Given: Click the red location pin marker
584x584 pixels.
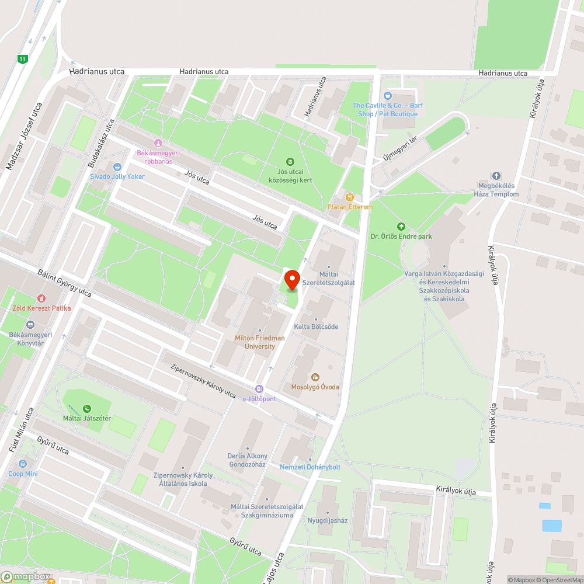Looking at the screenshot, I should click(291, 279).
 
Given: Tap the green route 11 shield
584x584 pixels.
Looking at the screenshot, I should click(22, 59).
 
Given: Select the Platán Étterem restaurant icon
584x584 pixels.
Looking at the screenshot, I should click(350, 197).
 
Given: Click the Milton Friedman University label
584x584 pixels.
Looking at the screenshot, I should click(260, 342).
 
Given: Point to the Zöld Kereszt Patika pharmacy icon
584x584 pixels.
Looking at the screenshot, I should click(41, 298).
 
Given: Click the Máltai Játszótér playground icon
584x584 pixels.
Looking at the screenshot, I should click(86, 409).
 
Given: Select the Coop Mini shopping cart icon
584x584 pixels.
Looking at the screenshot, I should click(23, 464).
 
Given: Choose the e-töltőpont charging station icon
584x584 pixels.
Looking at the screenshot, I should click(259, 390).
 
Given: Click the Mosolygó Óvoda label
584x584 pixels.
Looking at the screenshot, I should click(315, 387).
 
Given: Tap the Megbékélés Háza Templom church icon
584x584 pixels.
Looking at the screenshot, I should click(496, 176).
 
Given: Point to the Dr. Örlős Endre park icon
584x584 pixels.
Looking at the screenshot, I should click(401, 227).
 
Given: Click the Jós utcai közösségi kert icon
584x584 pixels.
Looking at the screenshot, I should click(290, 162).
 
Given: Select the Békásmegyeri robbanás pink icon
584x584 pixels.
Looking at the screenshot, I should click(157, 144).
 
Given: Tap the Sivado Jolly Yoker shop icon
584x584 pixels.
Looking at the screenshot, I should click(117, 167).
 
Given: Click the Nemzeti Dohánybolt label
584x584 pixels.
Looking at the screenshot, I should click(310, 467).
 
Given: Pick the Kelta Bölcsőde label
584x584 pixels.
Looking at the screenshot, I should click(316, 326).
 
